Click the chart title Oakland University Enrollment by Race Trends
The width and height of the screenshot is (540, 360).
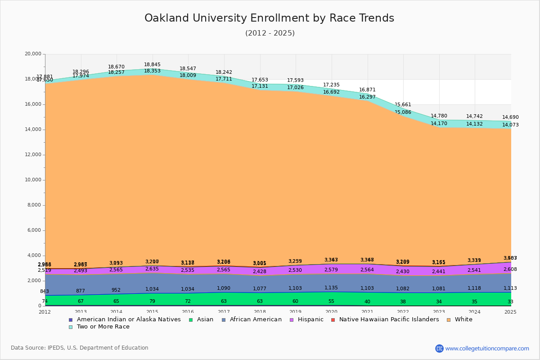click(x=269, y=18)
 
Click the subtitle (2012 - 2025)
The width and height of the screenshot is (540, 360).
click(x=270, y=33)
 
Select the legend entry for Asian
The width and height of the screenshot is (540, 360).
click(x=204, y=319)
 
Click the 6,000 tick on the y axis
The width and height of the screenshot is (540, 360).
click(x=34, y=230)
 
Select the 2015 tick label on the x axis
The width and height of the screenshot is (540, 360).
click(x=152, y=312)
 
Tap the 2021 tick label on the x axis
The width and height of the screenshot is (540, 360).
click(x=367, y=312)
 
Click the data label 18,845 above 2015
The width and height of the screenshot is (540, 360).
click(x=152, y=65)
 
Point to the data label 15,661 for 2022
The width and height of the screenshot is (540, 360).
click(x=403, y=105)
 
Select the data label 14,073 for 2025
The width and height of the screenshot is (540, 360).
click(x=510, y=125)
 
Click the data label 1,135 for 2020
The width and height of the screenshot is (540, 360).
click(x=331, y=288)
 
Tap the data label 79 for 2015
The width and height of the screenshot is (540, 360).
click(x=152, y=301)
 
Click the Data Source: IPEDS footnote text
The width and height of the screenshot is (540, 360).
click(x=80, y=348)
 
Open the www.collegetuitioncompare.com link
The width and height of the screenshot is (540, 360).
click(x=487, y=348)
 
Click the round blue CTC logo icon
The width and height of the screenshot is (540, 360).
click(x=439, y=348)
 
